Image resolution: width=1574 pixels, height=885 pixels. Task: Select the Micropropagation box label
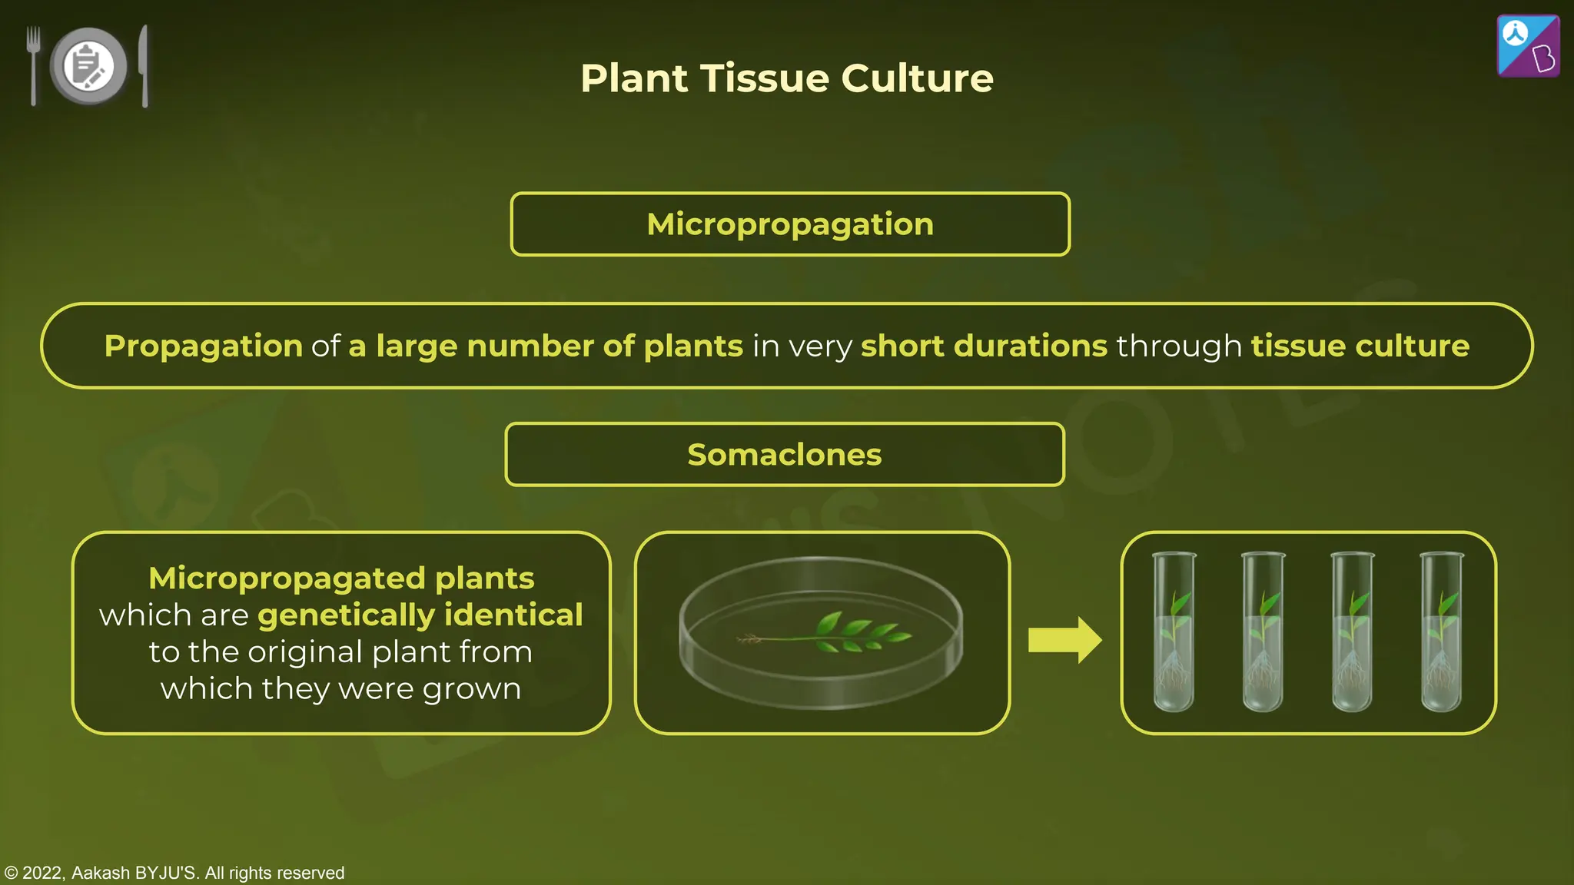(790, 224)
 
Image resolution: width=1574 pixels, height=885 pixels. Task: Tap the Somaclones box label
(785, 455)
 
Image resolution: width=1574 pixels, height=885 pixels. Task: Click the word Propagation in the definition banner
(204, 346)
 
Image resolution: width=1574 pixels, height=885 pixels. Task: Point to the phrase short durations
(984, 346)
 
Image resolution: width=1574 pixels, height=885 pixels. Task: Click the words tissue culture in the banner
(1360, 346)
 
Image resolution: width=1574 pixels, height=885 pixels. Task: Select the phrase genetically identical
(420, 615)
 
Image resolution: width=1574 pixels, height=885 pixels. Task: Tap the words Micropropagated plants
(341, 578)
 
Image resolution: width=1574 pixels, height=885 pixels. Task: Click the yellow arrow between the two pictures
(1064, 640)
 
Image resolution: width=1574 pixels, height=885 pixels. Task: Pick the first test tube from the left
(1174, 631)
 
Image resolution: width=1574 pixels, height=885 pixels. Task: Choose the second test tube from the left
(1264, 631)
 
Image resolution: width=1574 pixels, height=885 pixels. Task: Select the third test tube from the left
(1353, 631)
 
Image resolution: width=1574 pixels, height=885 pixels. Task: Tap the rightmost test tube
(1442, 631)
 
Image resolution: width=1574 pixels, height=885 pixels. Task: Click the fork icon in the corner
(33, 65)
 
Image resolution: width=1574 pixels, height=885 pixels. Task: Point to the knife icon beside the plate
(144, 65)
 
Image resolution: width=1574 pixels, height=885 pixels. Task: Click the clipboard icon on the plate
(88, 65)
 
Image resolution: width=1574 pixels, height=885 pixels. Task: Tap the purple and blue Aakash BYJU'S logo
(1528, 46)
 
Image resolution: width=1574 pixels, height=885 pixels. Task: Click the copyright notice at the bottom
(174, 873)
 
